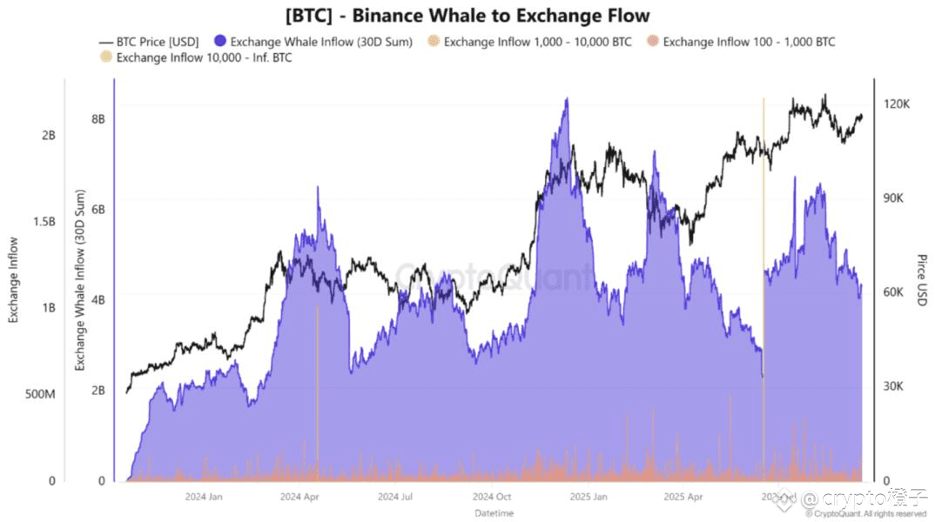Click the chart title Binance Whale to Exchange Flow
point(467,16)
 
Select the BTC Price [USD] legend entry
point(150,41)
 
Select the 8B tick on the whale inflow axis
point(98,118)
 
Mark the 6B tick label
point(98,210)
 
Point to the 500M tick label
point(40,394)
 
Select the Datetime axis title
point(494,513)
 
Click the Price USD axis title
point(921,280)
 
